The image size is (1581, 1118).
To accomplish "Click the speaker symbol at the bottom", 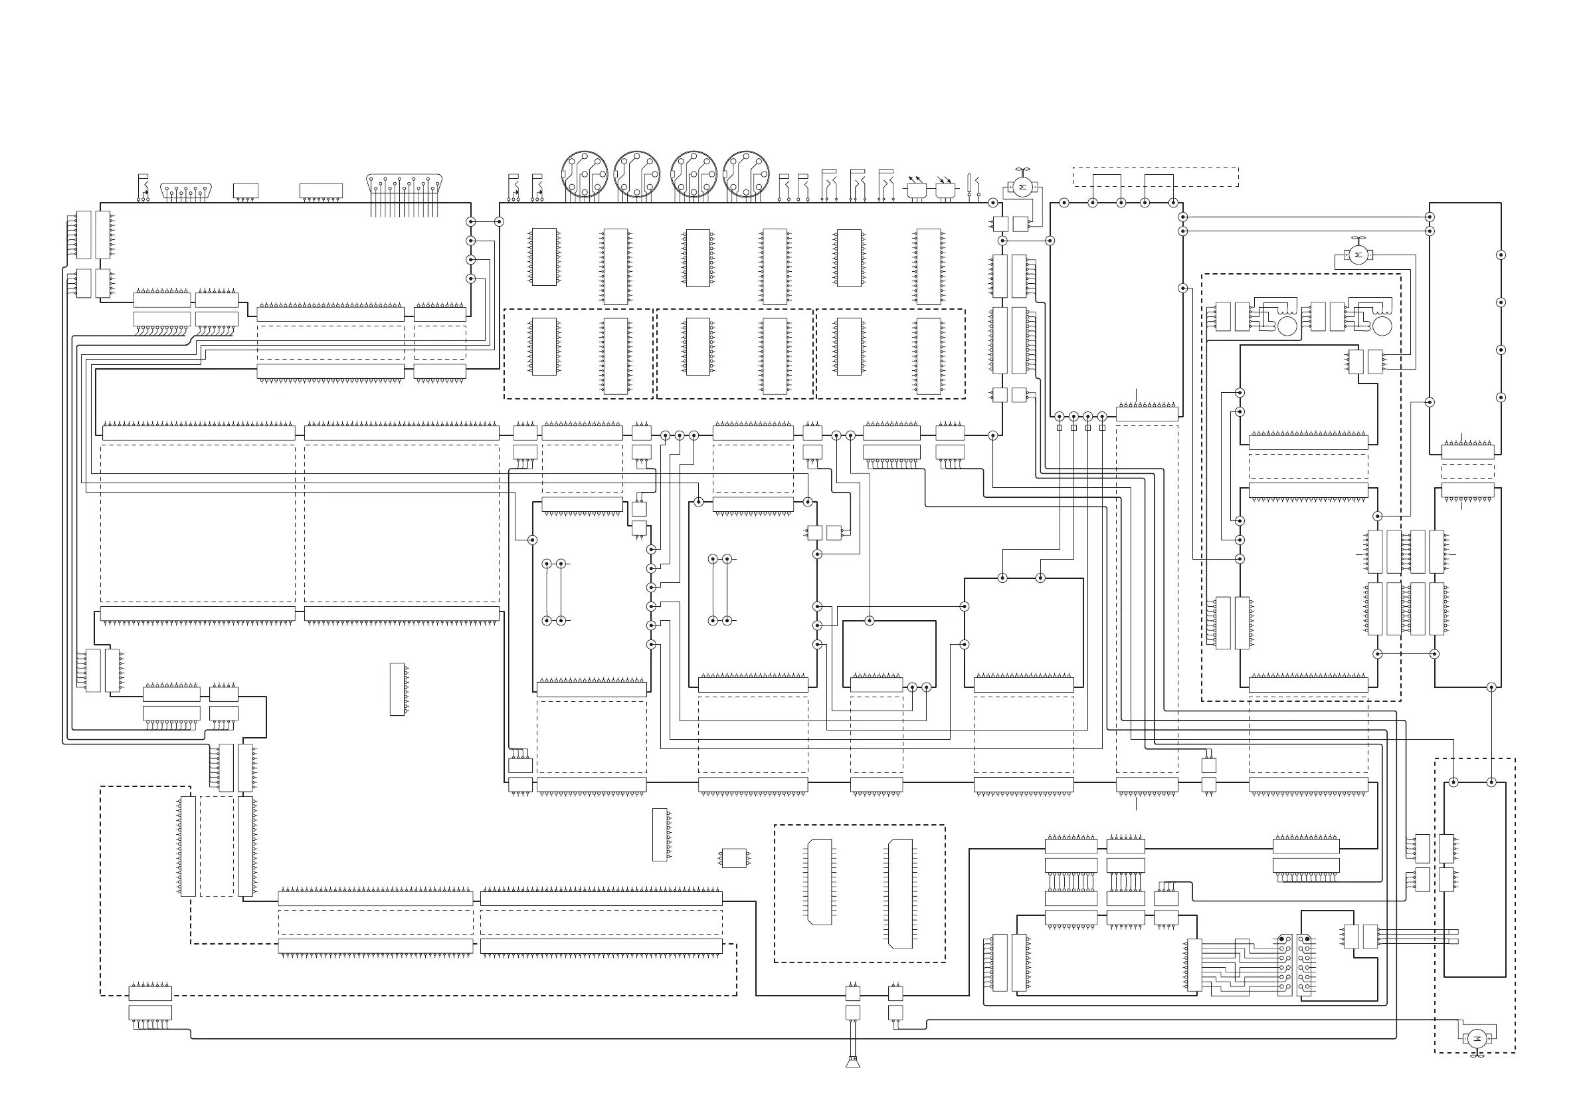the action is [x=852, y=1062].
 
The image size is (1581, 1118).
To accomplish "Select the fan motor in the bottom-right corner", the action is [x=1476, y=1039].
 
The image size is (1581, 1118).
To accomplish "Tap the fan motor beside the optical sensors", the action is [x=1022, y=187].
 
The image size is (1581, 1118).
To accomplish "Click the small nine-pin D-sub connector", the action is [x=186, y=191].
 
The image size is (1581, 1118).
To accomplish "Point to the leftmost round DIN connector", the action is [x=584, y=174].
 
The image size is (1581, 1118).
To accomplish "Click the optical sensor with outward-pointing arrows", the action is [x=917, y=189].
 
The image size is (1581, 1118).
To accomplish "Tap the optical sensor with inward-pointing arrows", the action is [x=945, y=189].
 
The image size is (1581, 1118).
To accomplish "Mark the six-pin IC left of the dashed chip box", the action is [x=734, y=857].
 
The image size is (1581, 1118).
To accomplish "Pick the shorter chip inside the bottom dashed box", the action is [x=820, y=882].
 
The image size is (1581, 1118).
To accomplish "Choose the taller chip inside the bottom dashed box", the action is [x=901, y=893].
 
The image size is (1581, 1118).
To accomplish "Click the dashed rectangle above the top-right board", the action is [x=1155, y=176].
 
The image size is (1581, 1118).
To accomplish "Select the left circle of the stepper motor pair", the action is [x=1287, y=326].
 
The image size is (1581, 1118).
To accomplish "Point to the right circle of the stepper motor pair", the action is [x=1382, y=326].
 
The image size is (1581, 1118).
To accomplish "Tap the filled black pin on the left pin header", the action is [x=1281, y=939].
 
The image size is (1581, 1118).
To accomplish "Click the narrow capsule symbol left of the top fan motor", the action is [x=970, y=184].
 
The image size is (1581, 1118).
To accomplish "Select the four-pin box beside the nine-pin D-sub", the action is [x=246, y=190].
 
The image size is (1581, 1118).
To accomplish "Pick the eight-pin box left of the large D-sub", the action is [x=321, y=190].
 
